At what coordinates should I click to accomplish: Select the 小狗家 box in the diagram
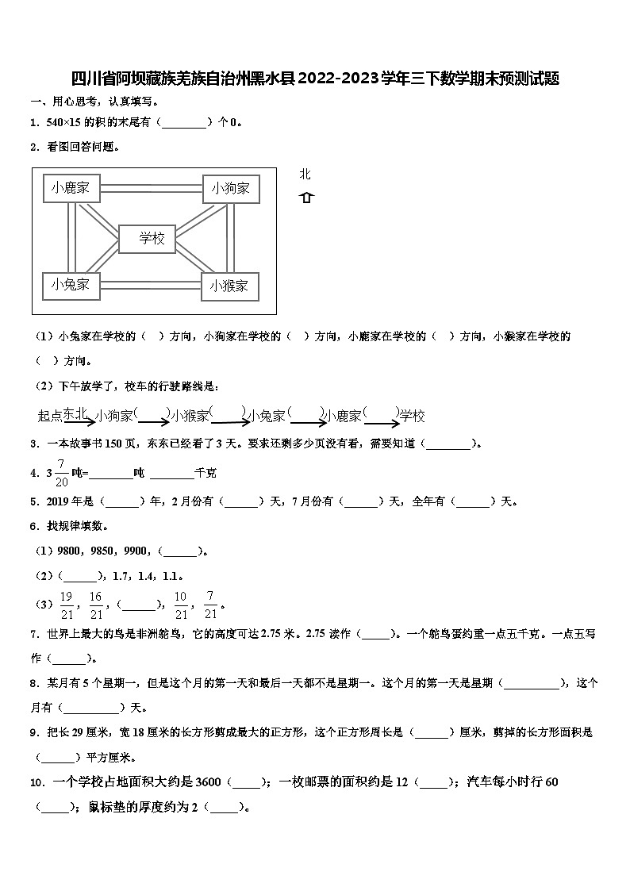(230, 188)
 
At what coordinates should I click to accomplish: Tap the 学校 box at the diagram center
(152, 238)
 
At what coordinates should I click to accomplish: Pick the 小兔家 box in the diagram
(71, 284)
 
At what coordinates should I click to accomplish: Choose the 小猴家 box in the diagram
(229, 286)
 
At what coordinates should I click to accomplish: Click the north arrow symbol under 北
(306, 198)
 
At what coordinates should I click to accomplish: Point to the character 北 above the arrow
(305, 175)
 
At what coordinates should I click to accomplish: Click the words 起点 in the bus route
(49, 416)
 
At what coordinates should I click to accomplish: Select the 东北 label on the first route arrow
(76, 413)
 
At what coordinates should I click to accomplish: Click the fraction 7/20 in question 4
(61, 472)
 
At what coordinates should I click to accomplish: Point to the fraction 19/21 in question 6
(67, 605)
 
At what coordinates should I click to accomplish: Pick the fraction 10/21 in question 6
(181, 605)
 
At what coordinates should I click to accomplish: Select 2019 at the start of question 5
(60, 501)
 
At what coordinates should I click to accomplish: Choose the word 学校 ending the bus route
(412, 416)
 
